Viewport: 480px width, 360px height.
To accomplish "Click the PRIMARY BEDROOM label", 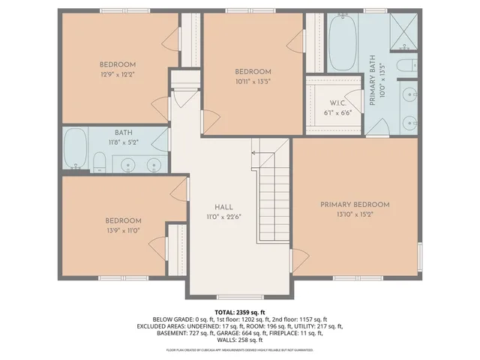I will point(355,205).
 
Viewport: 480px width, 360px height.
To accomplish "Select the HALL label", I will point(223,207).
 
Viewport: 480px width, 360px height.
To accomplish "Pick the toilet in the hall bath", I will point(99,162).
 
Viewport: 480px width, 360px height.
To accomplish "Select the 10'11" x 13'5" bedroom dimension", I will point(253,82).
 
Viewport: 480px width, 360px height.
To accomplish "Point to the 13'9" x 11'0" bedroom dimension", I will point(123,230).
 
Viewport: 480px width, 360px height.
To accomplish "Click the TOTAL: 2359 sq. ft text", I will point(239,311).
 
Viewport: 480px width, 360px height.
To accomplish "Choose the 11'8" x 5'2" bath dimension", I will point(124,141).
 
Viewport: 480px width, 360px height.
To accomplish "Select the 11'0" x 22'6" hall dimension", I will point(223,217).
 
